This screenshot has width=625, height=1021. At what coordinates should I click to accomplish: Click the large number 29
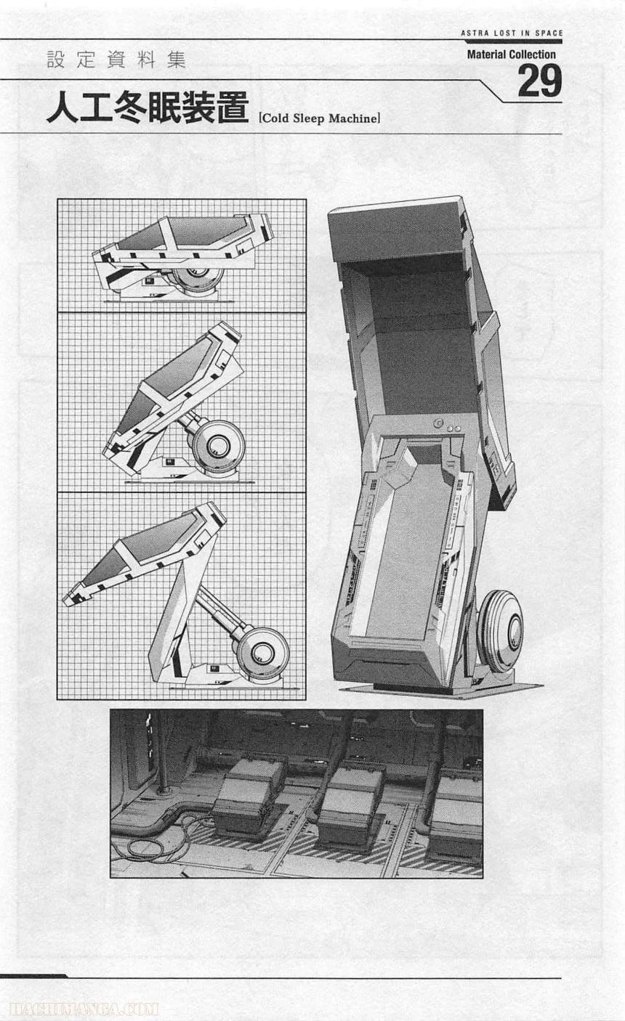539,81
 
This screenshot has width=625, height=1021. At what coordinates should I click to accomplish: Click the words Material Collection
511,54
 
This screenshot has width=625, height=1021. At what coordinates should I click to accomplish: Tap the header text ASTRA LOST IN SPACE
512,33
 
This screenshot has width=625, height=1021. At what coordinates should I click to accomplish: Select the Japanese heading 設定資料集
116,60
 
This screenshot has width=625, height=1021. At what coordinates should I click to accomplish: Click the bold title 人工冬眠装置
148,109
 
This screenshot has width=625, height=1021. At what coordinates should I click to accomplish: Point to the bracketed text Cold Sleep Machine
319,118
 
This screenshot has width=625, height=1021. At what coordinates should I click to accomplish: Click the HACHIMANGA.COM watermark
80,1009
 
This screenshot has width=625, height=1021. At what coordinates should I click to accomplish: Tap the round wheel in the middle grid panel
219,444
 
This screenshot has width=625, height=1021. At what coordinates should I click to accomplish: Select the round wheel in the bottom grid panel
262,651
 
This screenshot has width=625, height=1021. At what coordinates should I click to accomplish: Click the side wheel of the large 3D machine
501,630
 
